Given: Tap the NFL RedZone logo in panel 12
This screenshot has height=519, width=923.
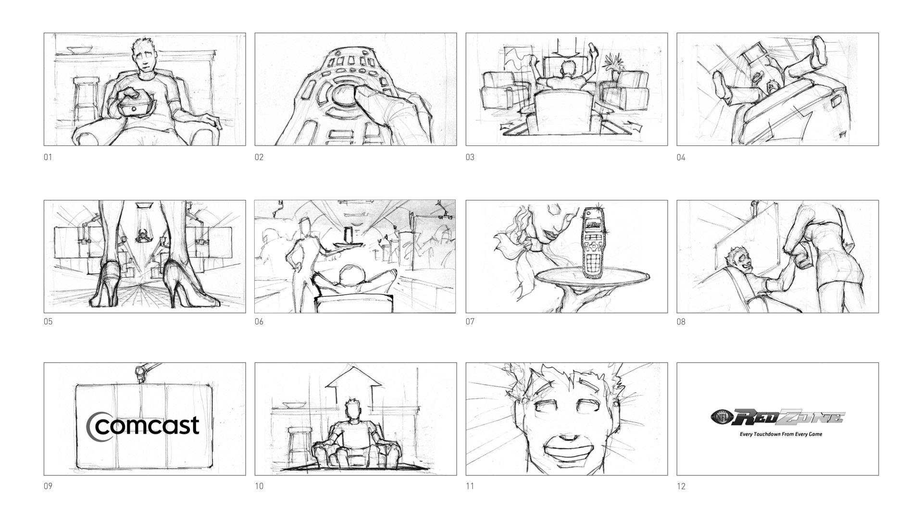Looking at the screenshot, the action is tap(777, 417).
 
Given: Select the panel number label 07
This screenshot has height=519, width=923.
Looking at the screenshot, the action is tap(470, 321).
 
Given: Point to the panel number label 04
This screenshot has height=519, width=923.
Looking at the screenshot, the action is tap(681, 157).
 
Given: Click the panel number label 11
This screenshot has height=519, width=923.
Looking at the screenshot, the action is tap(470, 486).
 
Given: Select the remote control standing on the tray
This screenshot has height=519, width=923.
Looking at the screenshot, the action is tap(594, 242).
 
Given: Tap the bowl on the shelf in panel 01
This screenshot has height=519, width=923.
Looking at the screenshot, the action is tap(79, 49).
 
